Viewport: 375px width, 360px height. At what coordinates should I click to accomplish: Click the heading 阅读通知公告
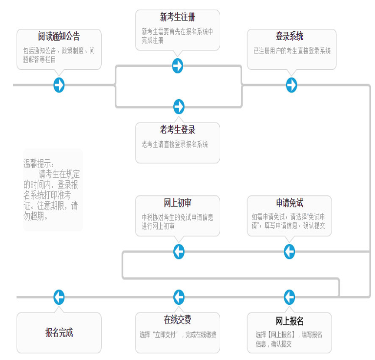59,37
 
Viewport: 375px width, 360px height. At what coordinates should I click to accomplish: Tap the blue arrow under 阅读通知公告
59,85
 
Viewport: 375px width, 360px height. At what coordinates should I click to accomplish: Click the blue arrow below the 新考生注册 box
178,65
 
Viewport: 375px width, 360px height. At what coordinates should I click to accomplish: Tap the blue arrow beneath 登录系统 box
292,85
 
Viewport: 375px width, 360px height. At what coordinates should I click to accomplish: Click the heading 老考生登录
177,130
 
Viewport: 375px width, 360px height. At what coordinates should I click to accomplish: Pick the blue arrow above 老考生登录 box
179,106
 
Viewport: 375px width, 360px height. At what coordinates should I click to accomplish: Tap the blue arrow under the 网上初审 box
179,252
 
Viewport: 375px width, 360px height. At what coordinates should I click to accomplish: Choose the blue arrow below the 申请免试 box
290,252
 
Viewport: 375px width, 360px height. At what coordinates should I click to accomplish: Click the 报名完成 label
59,333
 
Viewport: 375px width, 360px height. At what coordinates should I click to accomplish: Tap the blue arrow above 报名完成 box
59,297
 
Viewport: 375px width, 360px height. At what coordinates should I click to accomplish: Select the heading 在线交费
177,320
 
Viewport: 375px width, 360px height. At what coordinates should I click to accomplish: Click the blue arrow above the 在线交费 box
179,297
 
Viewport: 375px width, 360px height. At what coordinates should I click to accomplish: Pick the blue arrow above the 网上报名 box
290,297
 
